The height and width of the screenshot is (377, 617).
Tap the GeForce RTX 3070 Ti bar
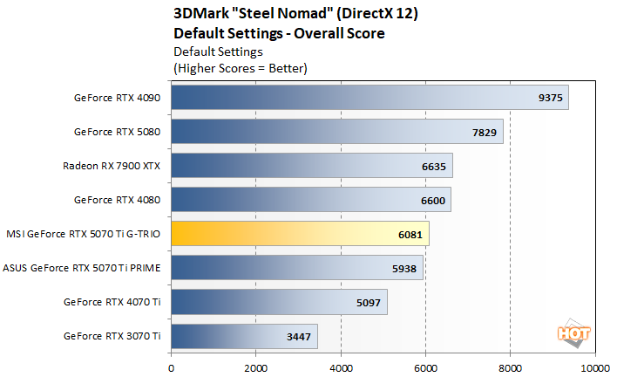pyautogui.click(x=244, y=336)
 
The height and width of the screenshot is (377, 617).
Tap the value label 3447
pyautogui.click(x=300, y=336)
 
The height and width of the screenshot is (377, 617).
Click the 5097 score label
pyautogui.click(x=370, y=302)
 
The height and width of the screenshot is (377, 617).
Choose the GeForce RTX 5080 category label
pyautogui.click(x=118, y=132)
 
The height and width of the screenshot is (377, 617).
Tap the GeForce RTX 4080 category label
pyautogui.click(x=118, y=200)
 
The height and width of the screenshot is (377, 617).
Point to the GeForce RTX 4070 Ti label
pyautogui.click(x=112, y=302)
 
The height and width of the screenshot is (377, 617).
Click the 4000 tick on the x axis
pyautogui.click(x=341, y=367)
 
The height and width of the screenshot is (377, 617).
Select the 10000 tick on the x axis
pyautogui.click(x=596, y=367)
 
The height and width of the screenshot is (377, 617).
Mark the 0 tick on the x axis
pyautogui.click(x=172, y=367)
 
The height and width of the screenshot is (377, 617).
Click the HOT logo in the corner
pyautogui.click(x=570, y=332)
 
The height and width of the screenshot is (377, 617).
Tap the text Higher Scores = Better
pyautogui.click(x=241, y=67)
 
